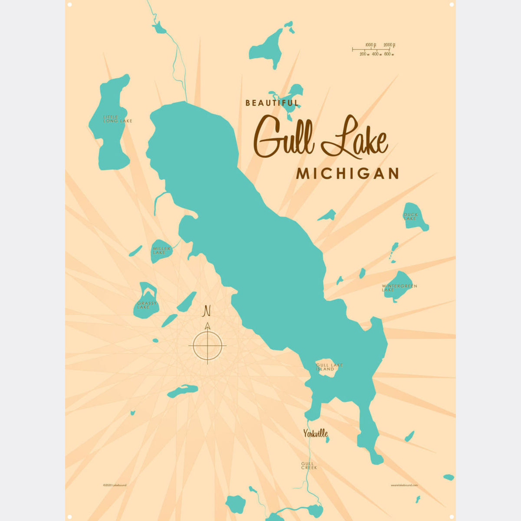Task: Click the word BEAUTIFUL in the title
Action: click(x=272, y=103)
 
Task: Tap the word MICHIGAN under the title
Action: click(x=347, y=174)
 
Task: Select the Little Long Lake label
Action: click(x=117, y=119)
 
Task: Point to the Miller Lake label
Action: click(x=161, y=251)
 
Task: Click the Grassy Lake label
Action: click(x=146, y=305)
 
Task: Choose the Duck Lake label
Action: click(x=410, y=216)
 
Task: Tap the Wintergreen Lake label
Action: click(x=399, y=288)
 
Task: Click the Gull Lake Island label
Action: click(x=330, y=367)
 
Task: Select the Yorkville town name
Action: click(x=315, y=433)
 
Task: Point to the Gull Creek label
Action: click(x=309, y=466)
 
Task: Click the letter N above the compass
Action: click(x=207, y=311)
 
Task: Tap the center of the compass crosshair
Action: click(x=208, y=346)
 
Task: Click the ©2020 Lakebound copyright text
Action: click(x=115, y=485)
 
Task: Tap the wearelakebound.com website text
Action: click(x=404, y=485)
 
